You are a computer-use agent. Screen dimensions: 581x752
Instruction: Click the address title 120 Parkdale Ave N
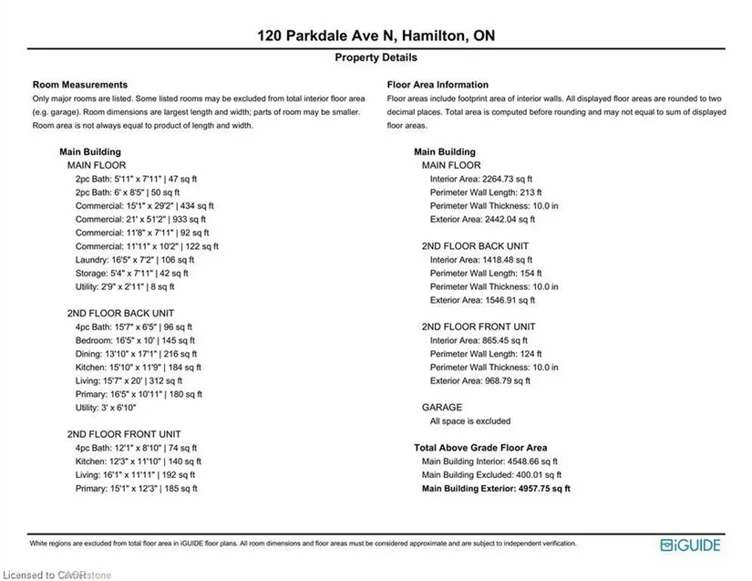pos(375,36)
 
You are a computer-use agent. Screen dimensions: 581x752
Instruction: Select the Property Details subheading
pos(375,57)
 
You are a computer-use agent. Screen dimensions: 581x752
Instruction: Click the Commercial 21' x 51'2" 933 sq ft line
pos(140,219)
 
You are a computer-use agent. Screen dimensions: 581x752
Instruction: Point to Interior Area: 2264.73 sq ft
pos(480,179)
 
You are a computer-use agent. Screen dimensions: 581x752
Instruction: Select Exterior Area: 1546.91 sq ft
pos(481,300)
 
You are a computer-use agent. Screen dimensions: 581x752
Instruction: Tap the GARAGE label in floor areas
pos(441,408)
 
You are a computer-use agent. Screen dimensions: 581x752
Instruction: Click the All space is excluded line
pos(470,421)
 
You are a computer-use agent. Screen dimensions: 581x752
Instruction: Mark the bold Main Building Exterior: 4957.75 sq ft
pos(496,489)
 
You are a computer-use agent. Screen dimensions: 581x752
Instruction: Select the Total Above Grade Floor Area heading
pos(480,448)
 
